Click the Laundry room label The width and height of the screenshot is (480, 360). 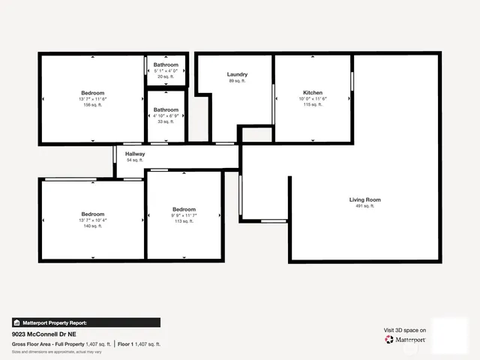click(x=237, y=74)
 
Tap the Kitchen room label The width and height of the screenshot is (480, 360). click(x=312, y=93)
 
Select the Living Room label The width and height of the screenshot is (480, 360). click(x=365, y=199)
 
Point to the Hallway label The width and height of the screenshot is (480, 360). click(x=135, y=154)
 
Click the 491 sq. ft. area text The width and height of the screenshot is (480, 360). click(x=365, y=205)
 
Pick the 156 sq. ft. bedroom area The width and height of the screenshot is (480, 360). click(x=93, y=105)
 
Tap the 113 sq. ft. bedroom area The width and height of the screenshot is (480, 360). click(x=184, y=221)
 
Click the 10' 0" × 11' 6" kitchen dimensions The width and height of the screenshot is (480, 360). click(x=312, y=99)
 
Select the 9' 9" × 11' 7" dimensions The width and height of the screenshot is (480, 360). click(x=184, y=215)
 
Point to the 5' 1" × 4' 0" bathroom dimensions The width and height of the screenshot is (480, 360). click(x=166, y=71)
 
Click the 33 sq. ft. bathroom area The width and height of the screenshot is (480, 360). click(x=166, y=121)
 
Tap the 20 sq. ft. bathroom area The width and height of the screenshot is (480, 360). click(x=166, y=76)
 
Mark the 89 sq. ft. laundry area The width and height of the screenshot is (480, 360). click(x=237, y=80)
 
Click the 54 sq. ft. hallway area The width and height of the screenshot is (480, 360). click(x=135, y=160)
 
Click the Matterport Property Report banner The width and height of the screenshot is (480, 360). click(x=85, y=322)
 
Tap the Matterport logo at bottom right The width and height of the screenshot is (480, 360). click(x=406, y=340)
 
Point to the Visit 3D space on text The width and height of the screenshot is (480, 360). click(x=405, y=330)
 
